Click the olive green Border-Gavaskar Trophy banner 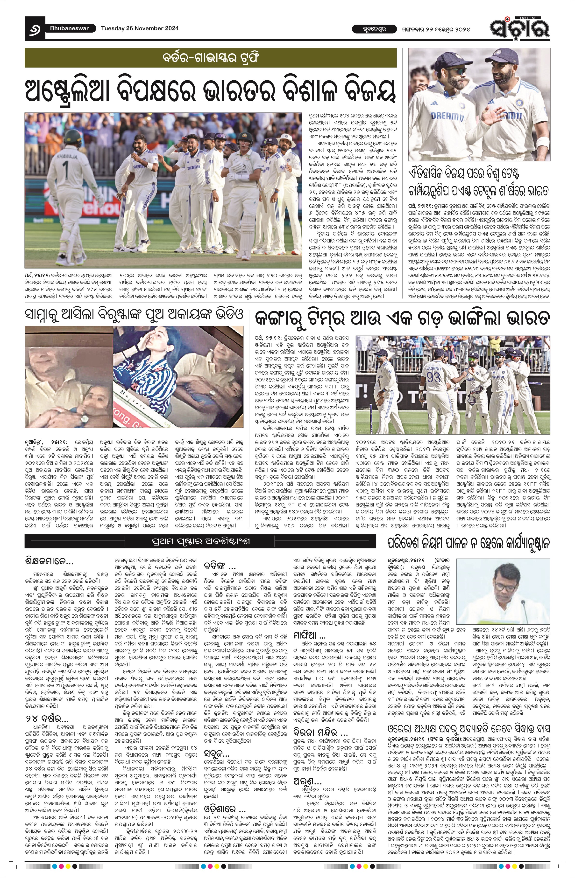tap(211, 58)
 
